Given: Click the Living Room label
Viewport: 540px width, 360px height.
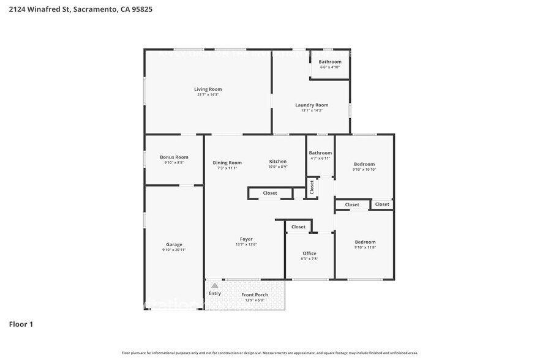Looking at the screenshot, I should [x=208, y=89].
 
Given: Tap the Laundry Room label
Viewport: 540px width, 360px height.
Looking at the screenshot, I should [x=312, y=105].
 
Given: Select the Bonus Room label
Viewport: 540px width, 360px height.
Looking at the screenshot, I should [x=174, y=157].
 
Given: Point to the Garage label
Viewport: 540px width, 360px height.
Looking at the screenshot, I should [x=174, y=244].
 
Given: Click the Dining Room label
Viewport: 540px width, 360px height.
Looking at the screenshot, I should [x=227, y=162].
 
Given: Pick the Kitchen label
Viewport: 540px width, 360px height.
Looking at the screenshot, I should [x=277, y=161].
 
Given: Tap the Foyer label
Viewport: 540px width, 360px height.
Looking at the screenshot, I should [x=246, y=239].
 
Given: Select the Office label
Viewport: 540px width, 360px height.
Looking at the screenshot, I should [x=309, y=253].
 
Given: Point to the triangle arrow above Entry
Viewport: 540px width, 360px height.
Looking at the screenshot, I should [x=214, y=285].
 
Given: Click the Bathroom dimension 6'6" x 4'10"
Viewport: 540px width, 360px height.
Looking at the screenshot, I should [x=329, y=67].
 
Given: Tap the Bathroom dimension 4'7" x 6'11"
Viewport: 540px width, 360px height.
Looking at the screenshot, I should [x=320, y=158].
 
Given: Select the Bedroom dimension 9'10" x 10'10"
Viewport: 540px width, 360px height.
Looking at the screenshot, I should [x=364, y=169].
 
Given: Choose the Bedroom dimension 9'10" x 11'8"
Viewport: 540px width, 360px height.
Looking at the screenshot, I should [x=365, y=247].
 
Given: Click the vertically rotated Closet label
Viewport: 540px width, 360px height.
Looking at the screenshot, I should [x=312, y=187].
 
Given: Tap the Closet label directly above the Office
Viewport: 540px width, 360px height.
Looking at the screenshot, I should [x=298, y=227].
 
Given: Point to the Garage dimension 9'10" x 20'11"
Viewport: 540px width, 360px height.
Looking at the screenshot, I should [x=174, y=250].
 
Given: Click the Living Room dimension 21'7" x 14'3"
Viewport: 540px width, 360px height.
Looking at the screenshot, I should [x=208, y=95].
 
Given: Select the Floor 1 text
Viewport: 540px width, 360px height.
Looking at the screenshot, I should [x=21, y=324].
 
